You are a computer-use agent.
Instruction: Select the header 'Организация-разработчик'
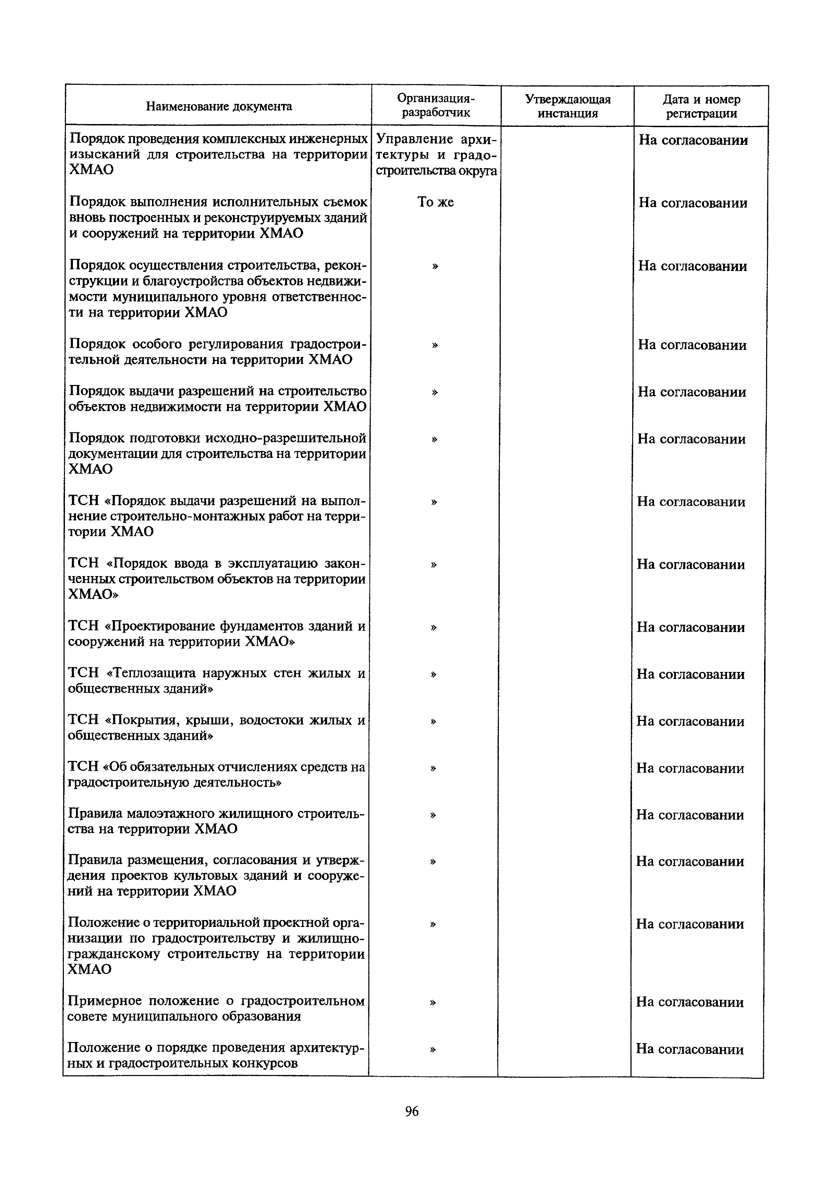(x=436, y=106)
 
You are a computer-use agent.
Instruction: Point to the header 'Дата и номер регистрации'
(x=701, y=106)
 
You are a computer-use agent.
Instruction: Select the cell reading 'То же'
(x=436, y=202)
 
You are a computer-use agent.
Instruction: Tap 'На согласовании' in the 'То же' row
(x=693, y=203)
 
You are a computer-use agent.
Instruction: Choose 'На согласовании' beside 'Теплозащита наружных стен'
(x=691, y=674)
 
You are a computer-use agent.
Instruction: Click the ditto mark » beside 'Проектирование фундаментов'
(x=434, y=627)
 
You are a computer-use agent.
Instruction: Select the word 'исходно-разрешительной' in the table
(x=286, y=438)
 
